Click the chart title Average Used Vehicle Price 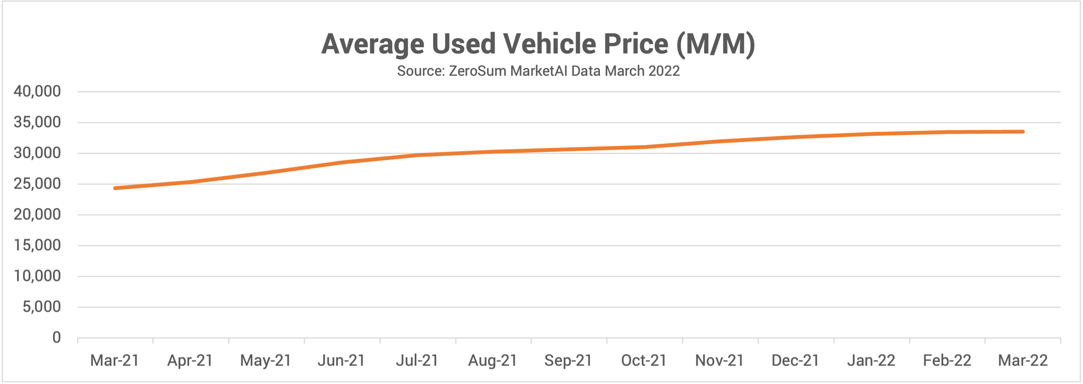(538, 44)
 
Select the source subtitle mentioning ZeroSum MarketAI (538, 71)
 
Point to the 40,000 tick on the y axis (37, 91)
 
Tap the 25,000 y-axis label (37, 184)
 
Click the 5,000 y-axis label (42, 307)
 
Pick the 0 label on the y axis (56, 337)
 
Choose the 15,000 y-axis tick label (37, 245)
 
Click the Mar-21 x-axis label (115, 361)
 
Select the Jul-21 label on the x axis (417, 361)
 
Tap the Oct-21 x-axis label (644, 361)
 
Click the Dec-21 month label (795, 361)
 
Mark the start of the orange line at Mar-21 (115, 188)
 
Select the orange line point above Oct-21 (644, 147)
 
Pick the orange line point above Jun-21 (341, 162)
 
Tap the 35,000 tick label (37, 122)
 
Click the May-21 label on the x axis (266, 361)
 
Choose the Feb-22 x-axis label (947, 361)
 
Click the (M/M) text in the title (716, 44)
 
